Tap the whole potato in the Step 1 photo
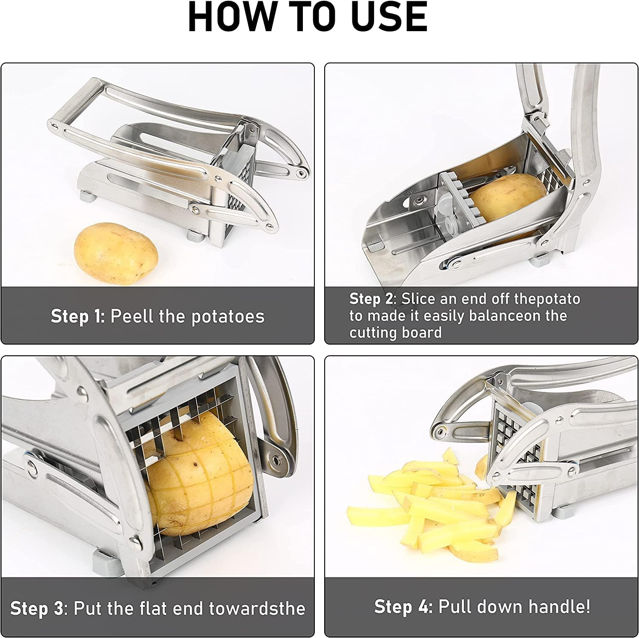click(116, 252)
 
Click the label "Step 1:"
click(78, 316)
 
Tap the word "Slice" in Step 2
click(419, 299)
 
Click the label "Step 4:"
click(403, 606)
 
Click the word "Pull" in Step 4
click(454, 606)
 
